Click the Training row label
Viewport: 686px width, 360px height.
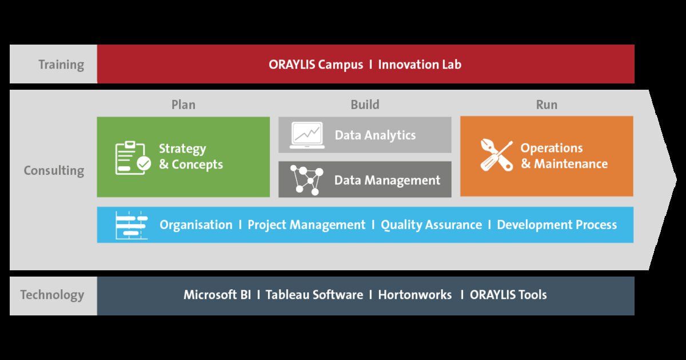point(61,65)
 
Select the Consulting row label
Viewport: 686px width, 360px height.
point(54,170)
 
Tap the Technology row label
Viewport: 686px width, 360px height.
point(52,295)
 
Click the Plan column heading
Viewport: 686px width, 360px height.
point(183,105)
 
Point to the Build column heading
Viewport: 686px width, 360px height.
point(365,105)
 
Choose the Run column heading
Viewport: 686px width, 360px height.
point(547,105)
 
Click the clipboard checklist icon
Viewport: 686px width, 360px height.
point(133,158)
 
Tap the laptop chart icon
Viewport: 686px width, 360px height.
point(307,135)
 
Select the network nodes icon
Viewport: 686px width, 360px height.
point(306,180)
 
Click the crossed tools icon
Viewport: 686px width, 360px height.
point(496,155)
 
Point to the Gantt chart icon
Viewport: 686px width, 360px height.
point(131,225)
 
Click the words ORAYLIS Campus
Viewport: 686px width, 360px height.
point(316,65)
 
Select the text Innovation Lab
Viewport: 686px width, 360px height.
point(420,65)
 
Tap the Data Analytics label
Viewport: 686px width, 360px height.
point(375,135)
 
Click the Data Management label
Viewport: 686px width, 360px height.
point(387,181)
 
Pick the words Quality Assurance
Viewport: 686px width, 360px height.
point(431,225)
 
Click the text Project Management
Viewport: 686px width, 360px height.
point(306,225)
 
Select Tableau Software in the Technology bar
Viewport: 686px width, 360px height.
point(314,295)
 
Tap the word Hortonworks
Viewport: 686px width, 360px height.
point(414,295)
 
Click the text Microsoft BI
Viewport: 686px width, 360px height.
point(217,295)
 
